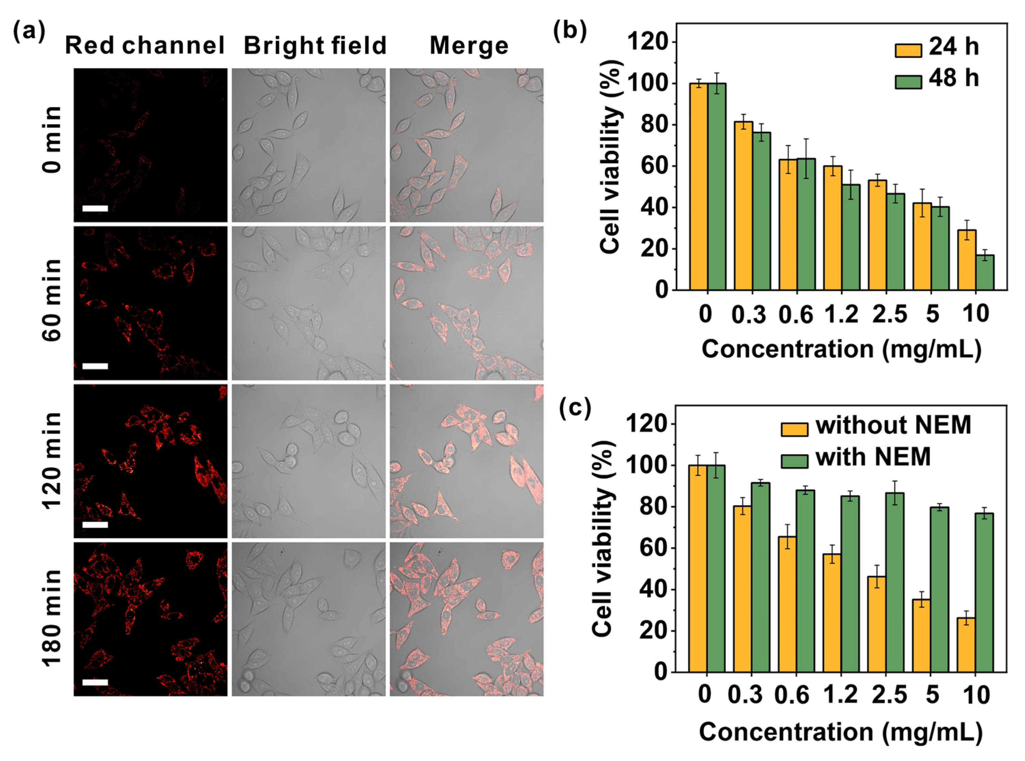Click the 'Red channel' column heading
(x=145, y=46)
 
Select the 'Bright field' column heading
(x=315, y=46)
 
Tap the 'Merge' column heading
(x=469, y=46)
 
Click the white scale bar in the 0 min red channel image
(x=95, y=209)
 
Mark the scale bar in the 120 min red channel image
(x=95, y=525)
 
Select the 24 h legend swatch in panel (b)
(x=908, y=50)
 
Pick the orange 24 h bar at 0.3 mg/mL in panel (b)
(x=743, y=205)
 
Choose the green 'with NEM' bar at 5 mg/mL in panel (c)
(x=939, y=590)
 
